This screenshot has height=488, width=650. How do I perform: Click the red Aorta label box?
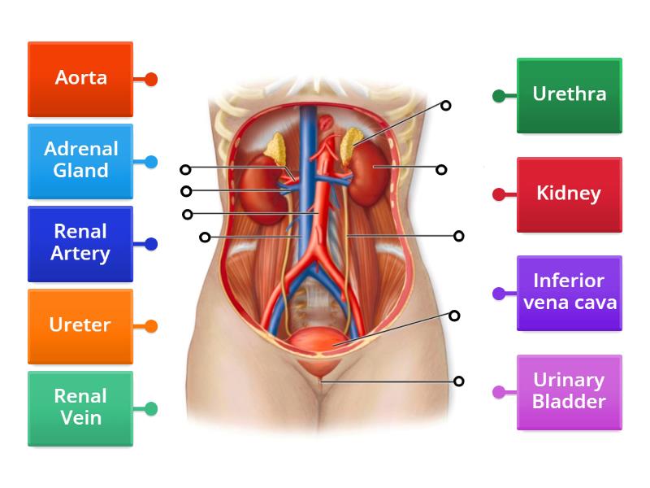click(x=80, y=79)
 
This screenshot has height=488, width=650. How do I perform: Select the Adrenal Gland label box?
click(x=80, y=160)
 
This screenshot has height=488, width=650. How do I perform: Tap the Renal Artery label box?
click(x=80, y=243)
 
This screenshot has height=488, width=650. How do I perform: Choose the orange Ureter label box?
click(x=80, y=325)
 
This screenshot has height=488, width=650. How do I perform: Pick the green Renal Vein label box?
click(x=80, y=407)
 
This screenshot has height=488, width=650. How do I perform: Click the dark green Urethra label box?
click(x=569, y=94)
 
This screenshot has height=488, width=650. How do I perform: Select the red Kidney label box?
click(x=569, y=194)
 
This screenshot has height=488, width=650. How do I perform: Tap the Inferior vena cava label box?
click(x=569, y=293)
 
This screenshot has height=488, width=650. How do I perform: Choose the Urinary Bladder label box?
click(x=569, y=391)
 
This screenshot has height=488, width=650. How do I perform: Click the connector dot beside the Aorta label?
click(x=151, y=80)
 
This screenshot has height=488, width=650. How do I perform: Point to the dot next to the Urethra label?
click(x=498, y=96)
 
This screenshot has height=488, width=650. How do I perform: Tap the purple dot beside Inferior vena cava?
click(x=498, y=294)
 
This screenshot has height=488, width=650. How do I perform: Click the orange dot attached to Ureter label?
click(x=151, y=326)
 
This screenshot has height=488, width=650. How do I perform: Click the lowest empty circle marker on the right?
click(x=459, y=381)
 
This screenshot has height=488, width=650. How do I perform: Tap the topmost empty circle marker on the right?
click(x=445, y=105)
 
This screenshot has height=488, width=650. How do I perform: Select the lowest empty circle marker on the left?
click(x=205, y=237)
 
